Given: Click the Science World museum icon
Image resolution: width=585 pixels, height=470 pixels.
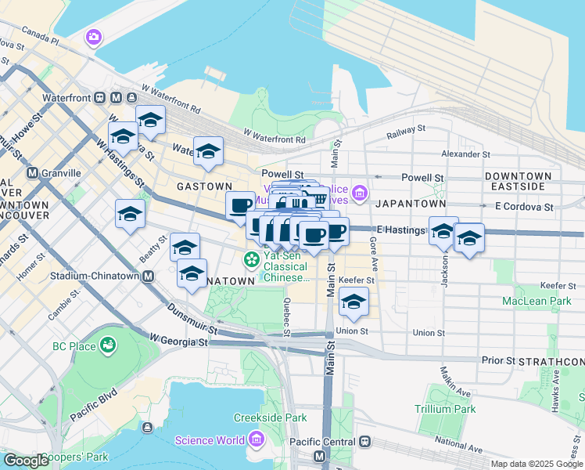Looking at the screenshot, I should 255,440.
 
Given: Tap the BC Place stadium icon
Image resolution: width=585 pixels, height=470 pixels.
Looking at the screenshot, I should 106,345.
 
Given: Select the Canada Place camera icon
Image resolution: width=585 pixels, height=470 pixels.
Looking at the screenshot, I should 94,37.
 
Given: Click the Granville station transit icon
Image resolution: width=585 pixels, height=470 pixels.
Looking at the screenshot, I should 32,172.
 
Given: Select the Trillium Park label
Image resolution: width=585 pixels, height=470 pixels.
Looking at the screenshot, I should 443,409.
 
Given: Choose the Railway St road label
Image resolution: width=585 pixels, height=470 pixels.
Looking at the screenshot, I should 406,131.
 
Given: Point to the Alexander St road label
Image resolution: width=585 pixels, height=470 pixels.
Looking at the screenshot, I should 465,154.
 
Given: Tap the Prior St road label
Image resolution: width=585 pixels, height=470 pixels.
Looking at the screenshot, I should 498,360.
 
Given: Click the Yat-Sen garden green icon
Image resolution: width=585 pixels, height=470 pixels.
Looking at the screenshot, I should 253,258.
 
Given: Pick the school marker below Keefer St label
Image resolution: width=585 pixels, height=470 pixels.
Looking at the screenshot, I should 354,302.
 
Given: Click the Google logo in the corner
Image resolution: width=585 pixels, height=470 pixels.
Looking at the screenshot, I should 26,461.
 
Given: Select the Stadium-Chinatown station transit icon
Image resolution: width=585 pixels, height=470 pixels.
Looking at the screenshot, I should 147,276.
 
